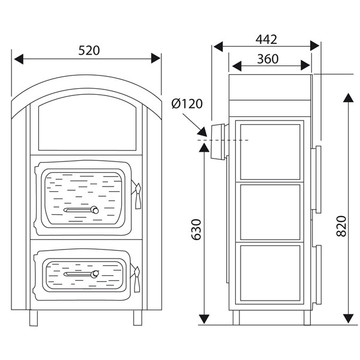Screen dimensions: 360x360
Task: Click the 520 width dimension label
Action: (x=88, y=50)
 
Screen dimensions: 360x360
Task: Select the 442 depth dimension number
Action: (x=266, y=39)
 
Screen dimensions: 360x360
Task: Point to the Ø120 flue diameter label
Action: (x=187, y=104)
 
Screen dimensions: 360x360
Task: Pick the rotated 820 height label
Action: (x=342, y=226)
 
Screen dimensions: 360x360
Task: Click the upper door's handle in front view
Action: (x=138, y=197)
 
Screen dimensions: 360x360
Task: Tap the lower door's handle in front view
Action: (x=138, y=278)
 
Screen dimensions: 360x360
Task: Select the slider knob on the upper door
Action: (x=94, y=210)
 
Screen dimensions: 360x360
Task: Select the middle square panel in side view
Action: (x=269, y=211)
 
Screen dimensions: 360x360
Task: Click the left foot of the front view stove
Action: (x=34, y=316)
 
